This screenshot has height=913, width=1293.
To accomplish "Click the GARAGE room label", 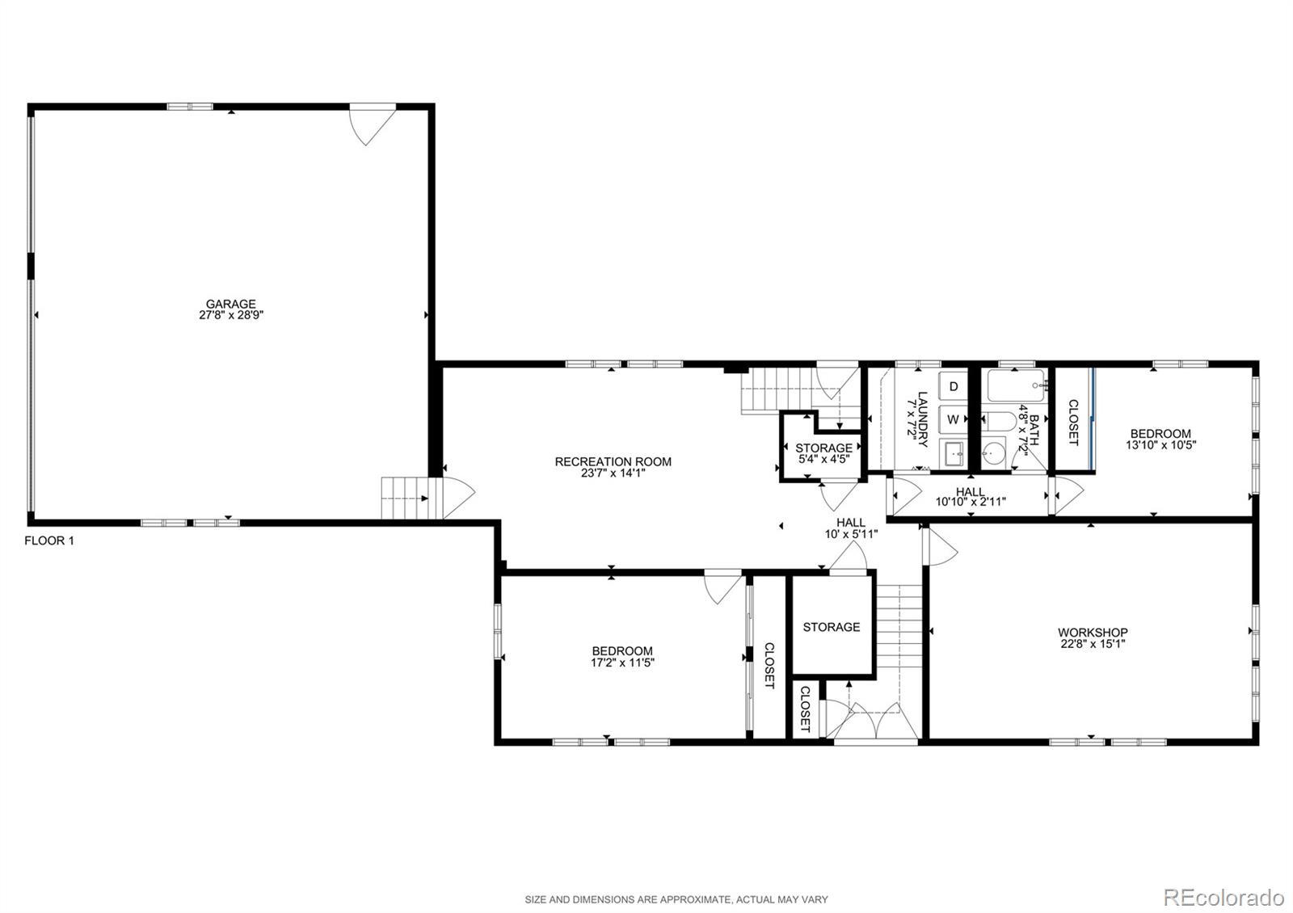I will (x=230, y=305).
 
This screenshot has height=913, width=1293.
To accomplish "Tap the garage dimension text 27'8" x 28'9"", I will (x=231, y=316).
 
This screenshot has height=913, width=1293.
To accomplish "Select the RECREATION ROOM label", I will (x=613, y=462).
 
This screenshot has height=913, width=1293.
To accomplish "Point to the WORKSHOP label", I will (x=1093, y=633).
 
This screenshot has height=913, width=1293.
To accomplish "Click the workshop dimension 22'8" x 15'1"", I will (x=1093, y=644).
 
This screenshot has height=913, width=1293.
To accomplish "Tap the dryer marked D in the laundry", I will (x=954, y=387).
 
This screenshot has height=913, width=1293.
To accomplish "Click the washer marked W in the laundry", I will (x=954, y=419).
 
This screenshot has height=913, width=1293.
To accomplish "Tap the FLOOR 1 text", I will (x=49, y=541).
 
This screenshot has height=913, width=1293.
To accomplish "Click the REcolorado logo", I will (x=1223, y=897).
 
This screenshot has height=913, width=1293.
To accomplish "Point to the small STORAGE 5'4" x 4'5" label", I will (x=823, y=453).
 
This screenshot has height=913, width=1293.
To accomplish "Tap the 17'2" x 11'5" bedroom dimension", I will (x=621, y=663).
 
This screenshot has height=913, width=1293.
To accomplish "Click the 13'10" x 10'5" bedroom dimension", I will (x=1160, y=444).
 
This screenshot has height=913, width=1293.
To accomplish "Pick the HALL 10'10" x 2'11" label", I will (x=970, y=496).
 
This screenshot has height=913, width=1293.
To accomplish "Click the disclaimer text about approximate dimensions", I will (x=676, y=899).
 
